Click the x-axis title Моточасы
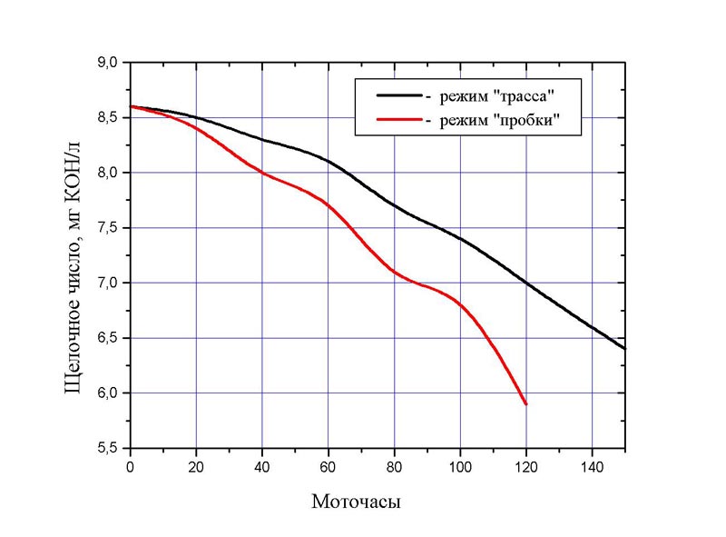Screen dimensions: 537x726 357,502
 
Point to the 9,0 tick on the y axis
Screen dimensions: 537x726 109,63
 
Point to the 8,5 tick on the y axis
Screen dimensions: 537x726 109,118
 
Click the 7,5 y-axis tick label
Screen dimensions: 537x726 109,228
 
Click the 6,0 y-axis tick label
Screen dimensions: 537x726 109,393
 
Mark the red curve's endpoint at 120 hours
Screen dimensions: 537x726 525,403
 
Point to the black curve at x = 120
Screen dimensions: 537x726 525,283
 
